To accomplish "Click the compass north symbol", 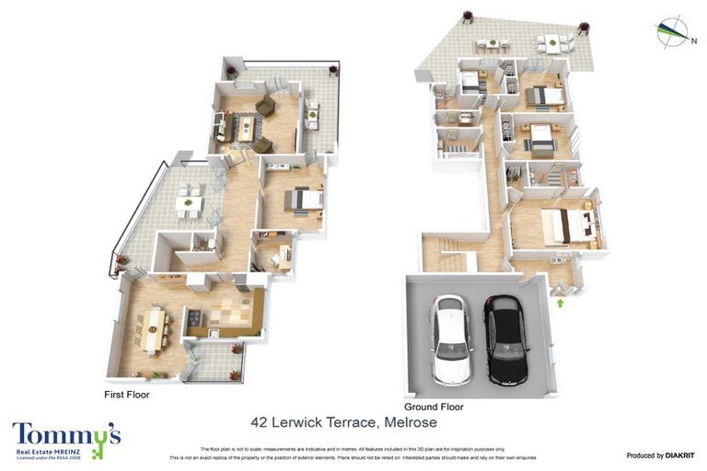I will coord(674,31).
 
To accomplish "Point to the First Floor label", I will coord(128,394).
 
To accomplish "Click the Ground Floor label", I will coord(434,407).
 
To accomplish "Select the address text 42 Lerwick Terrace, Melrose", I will coord(343,423).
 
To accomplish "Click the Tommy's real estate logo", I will coord(66,439).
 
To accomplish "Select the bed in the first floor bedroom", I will coord(303,199).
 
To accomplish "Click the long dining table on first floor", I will coord(154,329).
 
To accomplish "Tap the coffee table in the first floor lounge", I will coord(246,128).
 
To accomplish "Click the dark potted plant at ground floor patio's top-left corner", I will coord(467,16).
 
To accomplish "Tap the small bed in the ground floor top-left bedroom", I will coord(475,83).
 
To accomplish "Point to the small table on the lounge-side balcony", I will coord(312,115).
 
